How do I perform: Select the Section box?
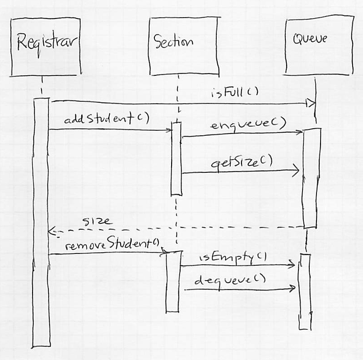[x=177, y=46]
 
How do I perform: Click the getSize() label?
[x=242, y=162]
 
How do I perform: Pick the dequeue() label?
[x=229, y=280]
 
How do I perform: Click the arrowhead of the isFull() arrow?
[x=311, y=104]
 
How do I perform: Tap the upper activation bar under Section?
[x=176, y=158]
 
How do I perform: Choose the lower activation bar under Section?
[x=172, y=281]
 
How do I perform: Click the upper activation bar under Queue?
[x=312, y=178]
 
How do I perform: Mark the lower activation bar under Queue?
[x=305, y=291]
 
